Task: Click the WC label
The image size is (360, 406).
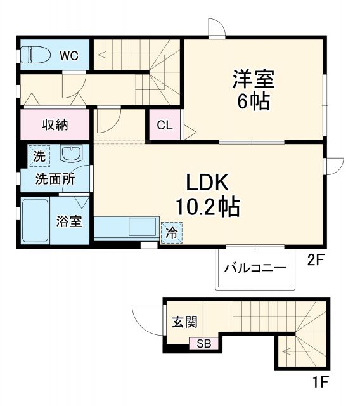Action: [69, 56]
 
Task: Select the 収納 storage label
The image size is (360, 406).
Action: [56, 124]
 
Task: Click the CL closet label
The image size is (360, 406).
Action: [164, 125]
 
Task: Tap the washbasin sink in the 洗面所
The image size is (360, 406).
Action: [71, 154]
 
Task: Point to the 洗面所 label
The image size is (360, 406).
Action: [55, 179]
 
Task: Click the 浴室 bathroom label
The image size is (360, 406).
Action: [68, 222]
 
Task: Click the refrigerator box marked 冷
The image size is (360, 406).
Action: [171, 232]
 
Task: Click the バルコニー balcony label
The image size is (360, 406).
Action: [255, 268]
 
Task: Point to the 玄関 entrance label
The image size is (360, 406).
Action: [183, 322]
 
